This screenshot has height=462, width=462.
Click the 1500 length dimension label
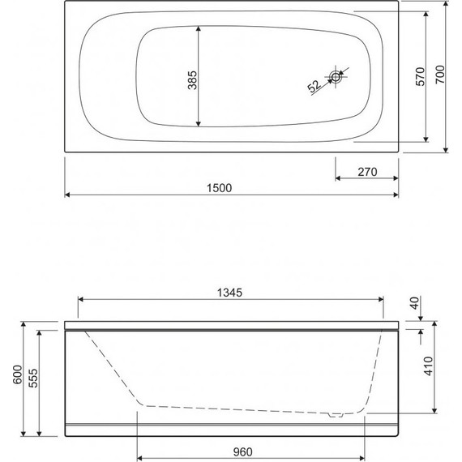pos(219,188)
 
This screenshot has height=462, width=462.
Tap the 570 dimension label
pos(420,75)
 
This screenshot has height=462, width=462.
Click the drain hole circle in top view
pos(336,77)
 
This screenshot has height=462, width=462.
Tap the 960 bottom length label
pos(254,451)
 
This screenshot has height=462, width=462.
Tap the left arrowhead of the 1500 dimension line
pos(67,195)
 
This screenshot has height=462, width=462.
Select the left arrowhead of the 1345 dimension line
pos(79,299)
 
